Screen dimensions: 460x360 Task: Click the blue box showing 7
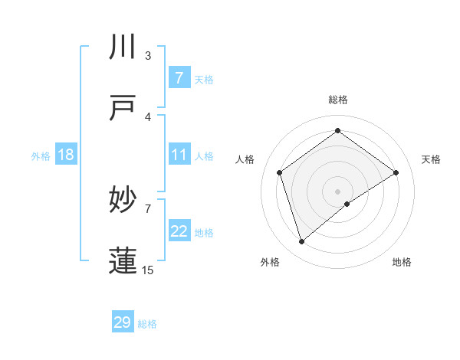[x=179, y=77]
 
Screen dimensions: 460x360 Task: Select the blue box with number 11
[x=179, y=155]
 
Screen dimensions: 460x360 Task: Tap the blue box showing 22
[x=179, y=231]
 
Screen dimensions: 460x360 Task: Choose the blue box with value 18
[x=66, y=155]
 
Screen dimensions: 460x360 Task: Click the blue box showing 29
[x=122, y=322]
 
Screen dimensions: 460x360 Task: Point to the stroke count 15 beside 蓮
[x=148, y=270]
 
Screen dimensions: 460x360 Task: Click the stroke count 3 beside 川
[x=148, y=55]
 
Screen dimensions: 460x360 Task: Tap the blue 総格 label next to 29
[x=147, y=324]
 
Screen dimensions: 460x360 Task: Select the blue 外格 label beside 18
[x=41, y=155]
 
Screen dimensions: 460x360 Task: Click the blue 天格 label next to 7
[x=204, y=79]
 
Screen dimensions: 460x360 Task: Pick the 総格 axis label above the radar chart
[x=337, y=100]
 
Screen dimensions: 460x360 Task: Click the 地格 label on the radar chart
[x=402, y=262]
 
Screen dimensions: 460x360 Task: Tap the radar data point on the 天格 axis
[x=396, y=172]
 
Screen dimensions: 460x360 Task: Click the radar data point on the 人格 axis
[x=280, y=172]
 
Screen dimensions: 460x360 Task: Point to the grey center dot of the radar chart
[x=337, y=191]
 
